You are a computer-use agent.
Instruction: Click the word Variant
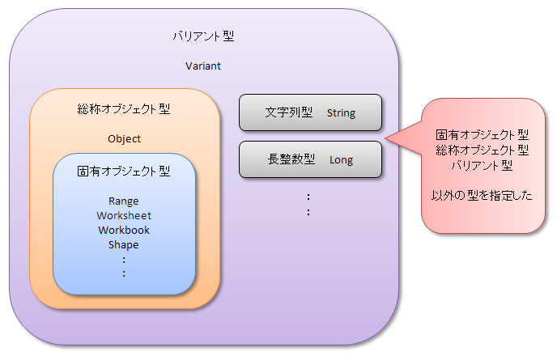(x=203, y=66)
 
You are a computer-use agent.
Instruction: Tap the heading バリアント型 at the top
(x=203, y=36)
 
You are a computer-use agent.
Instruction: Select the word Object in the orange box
(x=124, y=139)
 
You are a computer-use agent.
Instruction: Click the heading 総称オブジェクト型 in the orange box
(x=124, y=108)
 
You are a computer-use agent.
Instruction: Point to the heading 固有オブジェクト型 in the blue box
(x=124, y=172)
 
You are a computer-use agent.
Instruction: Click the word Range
(x=124, y=201)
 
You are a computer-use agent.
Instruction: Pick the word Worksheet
(x=124, y=215)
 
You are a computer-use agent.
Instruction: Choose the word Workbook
(x=124, y=230)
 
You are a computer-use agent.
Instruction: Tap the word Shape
(x=124, y=245)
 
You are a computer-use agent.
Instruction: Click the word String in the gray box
(x=341, y=113)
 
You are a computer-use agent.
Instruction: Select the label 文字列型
(x=289, y=112)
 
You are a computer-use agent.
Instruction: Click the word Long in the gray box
(x=342, y=160)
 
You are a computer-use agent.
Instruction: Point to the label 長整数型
(x=291, y=159)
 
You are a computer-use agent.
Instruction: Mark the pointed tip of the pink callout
(x=385, y=138)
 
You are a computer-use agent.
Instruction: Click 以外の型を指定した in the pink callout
(x=482, y=195)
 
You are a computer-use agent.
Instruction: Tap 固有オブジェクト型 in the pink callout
(x=483, y=134)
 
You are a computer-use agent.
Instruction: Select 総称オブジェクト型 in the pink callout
(x=483, y=150)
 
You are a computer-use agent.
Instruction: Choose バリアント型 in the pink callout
(x=482, y=166)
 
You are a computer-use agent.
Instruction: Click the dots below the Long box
(x=308, y=205)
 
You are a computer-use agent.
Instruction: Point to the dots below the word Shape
(x=124, y=267)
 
